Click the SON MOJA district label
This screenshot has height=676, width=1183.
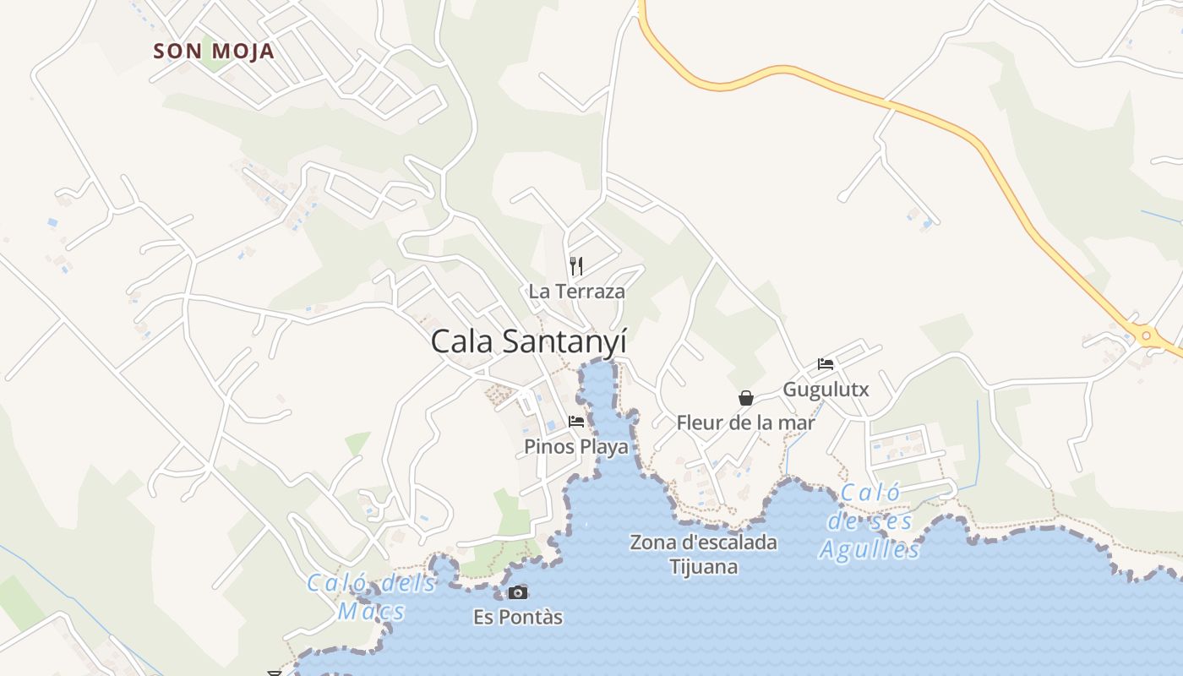[214, 51]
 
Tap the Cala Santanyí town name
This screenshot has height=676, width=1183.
[528, 341]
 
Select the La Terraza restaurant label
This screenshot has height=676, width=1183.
[576, 292]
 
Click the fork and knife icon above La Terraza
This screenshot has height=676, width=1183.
[576, 266]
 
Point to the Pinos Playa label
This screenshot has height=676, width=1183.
[576, 446]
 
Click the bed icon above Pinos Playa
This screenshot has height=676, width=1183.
[576, 421]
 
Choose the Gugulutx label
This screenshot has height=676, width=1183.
[826, 390]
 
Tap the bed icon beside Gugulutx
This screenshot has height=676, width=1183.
[826, 364]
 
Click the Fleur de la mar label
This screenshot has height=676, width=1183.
[745, 422]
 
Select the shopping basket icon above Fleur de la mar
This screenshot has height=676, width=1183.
[746, 398]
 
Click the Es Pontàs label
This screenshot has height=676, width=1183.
[517, 617]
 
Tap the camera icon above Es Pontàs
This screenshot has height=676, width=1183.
[517, 593]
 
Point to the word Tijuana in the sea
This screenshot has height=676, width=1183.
[703, 566]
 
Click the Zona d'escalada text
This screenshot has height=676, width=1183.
[703, 542]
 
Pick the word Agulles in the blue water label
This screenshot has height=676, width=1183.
[870, 550]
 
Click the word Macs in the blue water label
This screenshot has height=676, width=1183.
[371, 610]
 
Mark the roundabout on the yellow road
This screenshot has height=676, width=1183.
[1146, 335]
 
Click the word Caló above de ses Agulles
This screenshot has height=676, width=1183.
[871, 493]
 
